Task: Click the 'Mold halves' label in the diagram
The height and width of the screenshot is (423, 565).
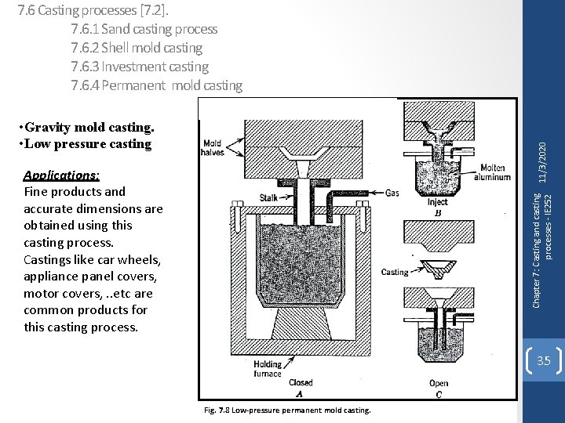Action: [213, 148]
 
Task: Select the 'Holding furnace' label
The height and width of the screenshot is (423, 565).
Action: [268, 368]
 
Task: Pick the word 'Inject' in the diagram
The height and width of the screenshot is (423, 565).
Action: [437, 201]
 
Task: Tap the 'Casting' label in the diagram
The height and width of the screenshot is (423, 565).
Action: [394, 273]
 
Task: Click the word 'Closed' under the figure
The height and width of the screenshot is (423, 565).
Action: [301, 382]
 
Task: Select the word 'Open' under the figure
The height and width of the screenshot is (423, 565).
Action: [439, 383]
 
